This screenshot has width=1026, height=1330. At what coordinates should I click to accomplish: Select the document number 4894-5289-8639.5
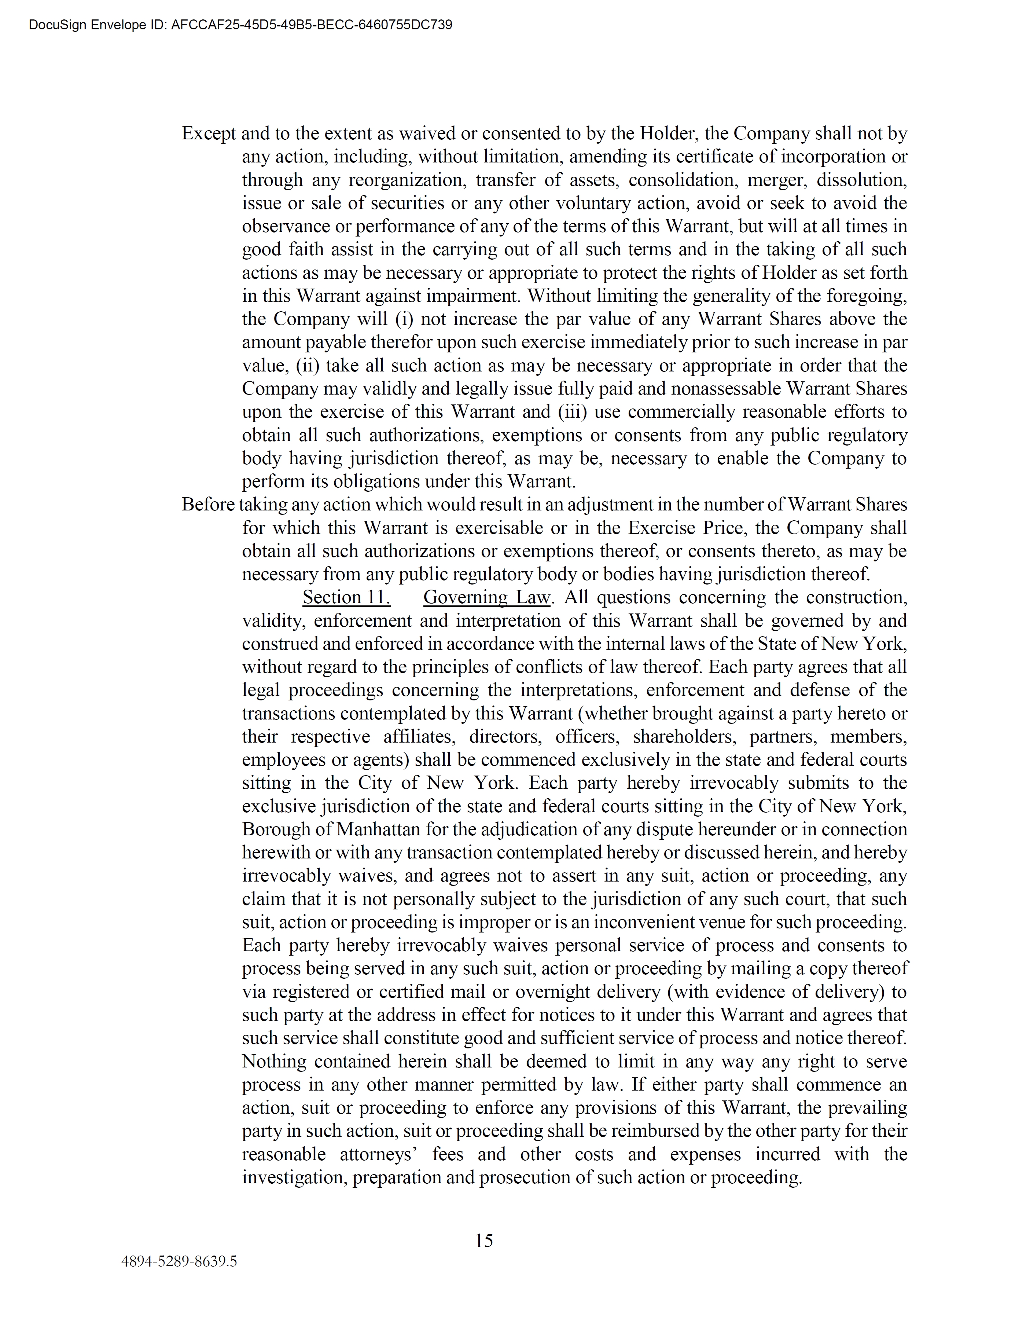click(x=179, y=1261)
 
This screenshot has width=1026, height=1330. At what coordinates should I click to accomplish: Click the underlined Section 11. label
click(x=346, y=597)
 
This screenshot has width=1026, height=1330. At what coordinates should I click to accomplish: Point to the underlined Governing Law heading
click(x=486, y=597)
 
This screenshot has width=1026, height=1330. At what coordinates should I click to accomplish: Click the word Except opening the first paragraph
click(x=209, y=133)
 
